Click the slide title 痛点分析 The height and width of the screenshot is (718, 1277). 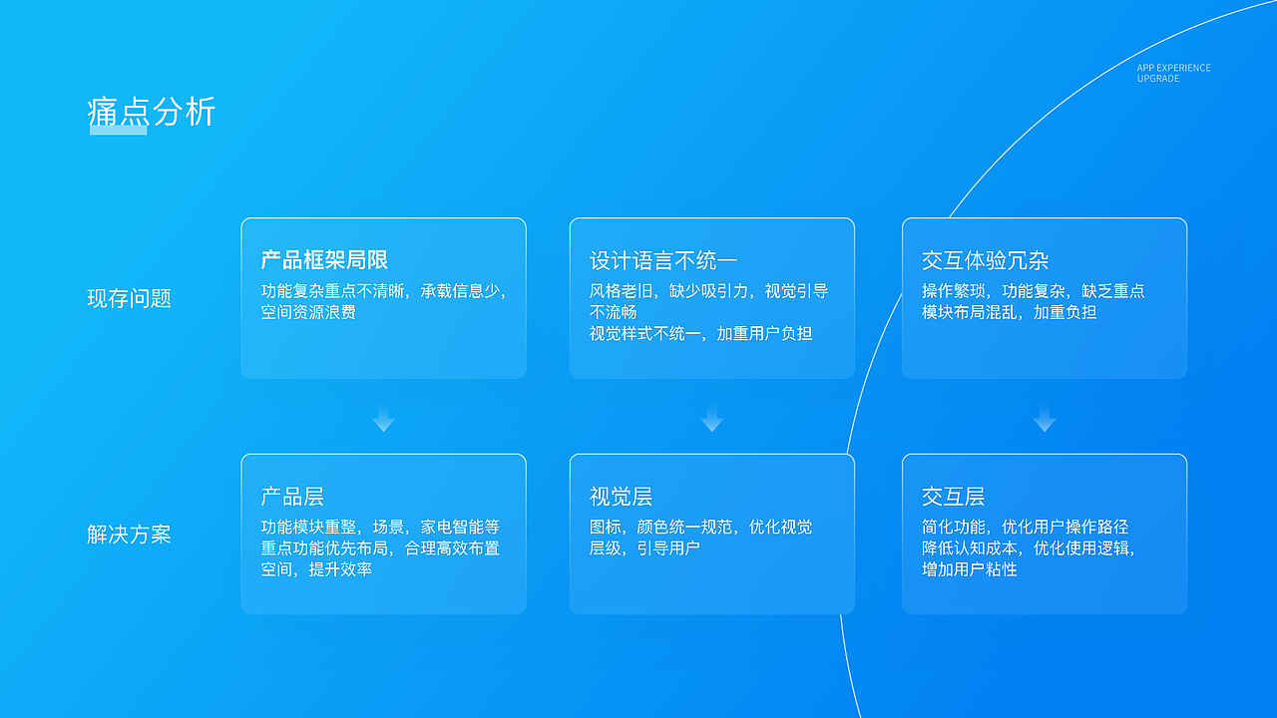pyautogui.click(x=152, y=111)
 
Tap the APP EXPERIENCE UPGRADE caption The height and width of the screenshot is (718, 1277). pyautogui.click(x=1173, y=73)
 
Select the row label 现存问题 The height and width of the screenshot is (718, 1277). pyautogui.click(x=129, y=298)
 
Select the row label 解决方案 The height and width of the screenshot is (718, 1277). pyautogui.click(x=129, y=535)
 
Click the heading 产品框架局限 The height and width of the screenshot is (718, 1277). pyautogui.click(x=324, y=260)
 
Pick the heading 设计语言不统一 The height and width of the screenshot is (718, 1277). pyautogui.click(x=663, y=261)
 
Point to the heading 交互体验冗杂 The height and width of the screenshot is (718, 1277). pyautogui.click(x=985, y=261)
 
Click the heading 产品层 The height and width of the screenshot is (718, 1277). pyautogui.click(x=292, y=497)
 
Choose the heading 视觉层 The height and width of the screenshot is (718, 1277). pyautogui.click(x=621, y=497)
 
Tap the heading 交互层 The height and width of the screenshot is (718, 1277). pyautogui.click(x=953, y=497)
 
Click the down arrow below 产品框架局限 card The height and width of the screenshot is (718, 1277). pyautogui.click(x=384, y=419)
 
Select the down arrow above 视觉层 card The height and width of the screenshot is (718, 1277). pyautogui.click(x=711, y=419)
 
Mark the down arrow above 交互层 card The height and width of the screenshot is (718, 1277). pyautogui.click(x=1045, y=419)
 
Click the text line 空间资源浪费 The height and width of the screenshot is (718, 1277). pyautogui.click(x=308, y=312)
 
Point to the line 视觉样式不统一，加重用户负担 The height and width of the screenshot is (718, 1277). pyautogui.click(x=700, y=333)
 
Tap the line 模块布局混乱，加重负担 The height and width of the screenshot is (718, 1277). pyautogui.click(x=1009, y=312)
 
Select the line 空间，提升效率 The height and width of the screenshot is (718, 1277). pyautogui.click(x=316, y=569)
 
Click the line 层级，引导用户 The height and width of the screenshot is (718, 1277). pyautogui.click(x=644, y=548)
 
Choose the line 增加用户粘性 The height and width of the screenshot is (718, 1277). pyautogui.click(x=969, y=569)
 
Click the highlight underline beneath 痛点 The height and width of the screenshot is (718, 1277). pyautogui.click(x=118, y=130)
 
